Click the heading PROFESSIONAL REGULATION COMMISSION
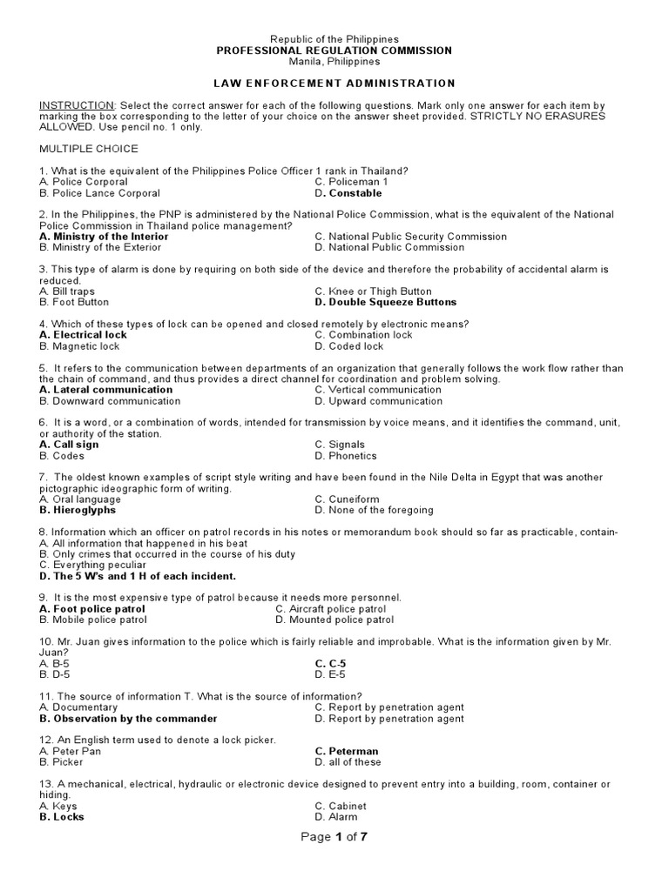334,50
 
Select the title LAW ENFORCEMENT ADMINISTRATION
334,84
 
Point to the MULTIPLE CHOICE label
88,149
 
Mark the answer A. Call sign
69,445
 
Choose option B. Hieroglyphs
78,510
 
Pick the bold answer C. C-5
329,663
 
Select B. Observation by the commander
128,719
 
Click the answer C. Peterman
347,751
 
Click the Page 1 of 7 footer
335,837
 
